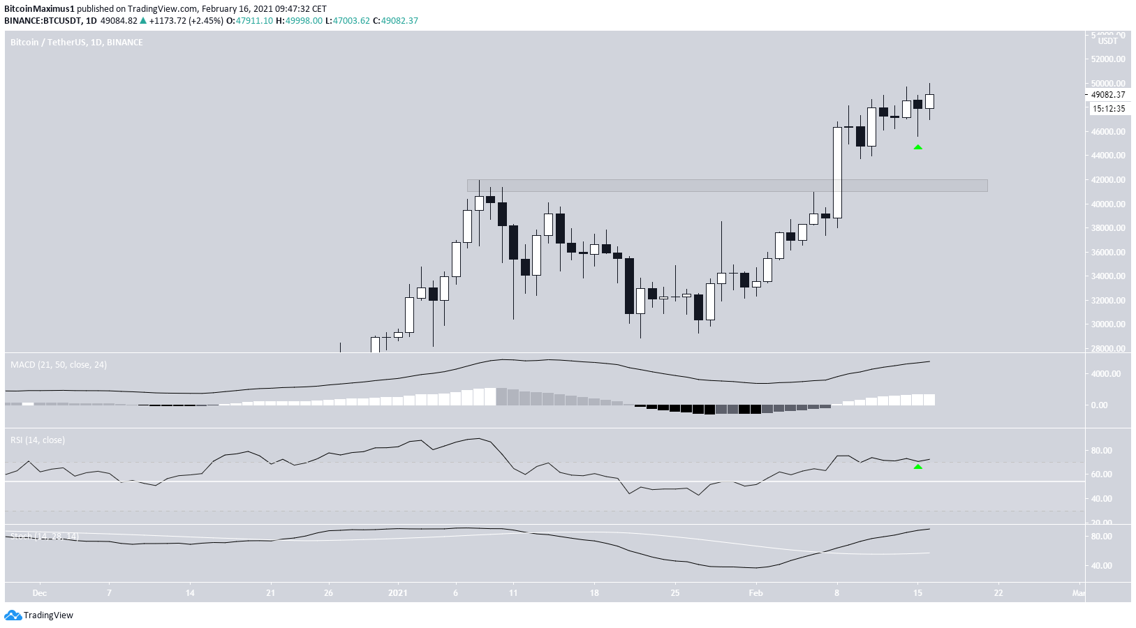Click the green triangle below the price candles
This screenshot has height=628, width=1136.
click(918, 147)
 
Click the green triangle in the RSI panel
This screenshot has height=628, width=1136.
click(918, 466)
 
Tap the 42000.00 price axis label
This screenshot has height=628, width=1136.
click(1108, 180)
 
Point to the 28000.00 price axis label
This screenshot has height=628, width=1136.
click(1108, 349)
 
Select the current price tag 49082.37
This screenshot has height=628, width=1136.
click(1108, 95)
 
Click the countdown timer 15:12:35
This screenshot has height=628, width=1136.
click(1109, 109)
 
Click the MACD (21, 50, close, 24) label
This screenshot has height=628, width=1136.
click(59, 365)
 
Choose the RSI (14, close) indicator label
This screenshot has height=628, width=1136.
click(38, 440)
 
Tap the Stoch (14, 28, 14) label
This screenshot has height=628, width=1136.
click(44, 536)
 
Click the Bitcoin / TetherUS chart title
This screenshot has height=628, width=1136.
click(77, 43)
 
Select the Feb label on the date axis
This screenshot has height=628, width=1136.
click(755, 593)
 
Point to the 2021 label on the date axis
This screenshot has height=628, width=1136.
click(398, 593)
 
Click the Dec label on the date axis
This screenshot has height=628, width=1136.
click(40, 593)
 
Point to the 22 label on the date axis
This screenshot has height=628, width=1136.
click(998, 593)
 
